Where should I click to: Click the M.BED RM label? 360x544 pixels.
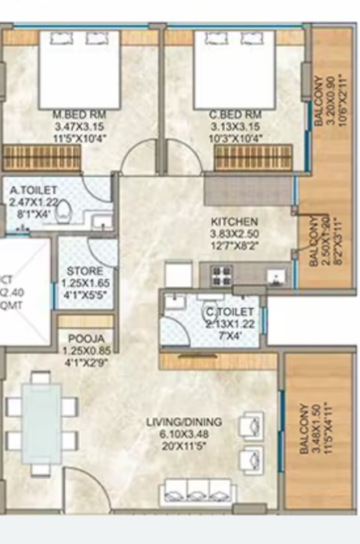pyautogui.click(x=79, y=115)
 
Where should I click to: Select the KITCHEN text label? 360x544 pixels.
pyautogui.click(x=234, y=221)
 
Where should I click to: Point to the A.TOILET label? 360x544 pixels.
pyautogui.click(x=34, y=191)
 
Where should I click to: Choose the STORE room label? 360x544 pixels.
pyautogui.click(x=85, y=271)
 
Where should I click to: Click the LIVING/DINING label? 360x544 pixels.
pyautogui.click(x=184, y=422)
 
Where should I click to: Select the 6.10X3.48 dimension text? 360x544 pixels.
pyautogui.click(x=184, y=433)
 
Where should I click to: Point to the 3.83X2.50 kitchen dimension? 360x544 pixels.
pyautogui.click(x=234, y=233)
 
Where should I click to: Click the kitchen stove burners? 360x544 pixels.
pyautogui.click(x=220, y=274)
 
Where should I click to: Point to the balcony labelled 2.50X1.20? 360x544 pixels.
pyautogui.click(x=323, y=242)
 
